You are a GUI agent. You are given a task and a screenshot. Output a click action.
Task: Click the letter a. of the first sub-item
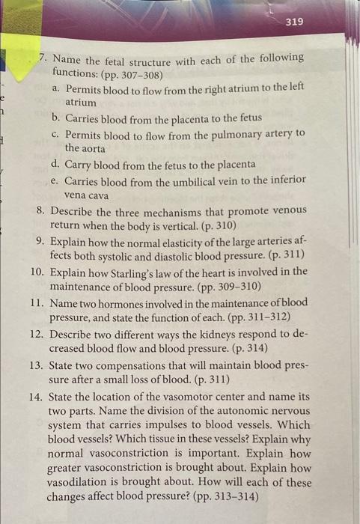tap(57, 88)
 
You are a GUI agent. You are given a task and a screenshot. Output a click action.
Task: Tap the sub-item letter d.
tap(56, 164)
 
